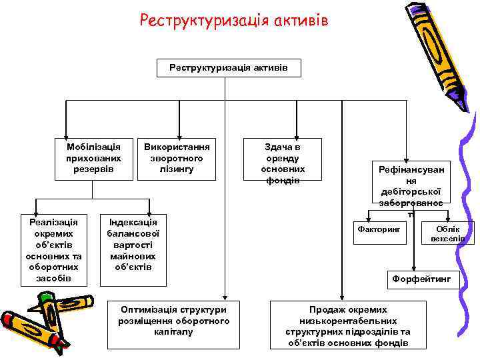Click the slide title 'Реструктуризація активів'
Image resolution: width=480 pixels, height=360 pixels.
point(233,21)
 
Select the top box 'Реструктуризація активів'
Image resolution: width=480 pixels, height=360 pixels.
point(228,68)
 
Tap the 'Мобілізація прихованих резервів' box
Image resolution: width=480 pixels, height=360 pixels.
point(94,158)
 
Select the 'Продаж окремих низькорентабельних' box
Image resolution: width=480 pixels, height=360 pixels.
point(347,326)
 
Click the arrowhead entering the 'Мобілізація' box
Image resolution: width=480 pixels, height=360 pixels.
point(66,133)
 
